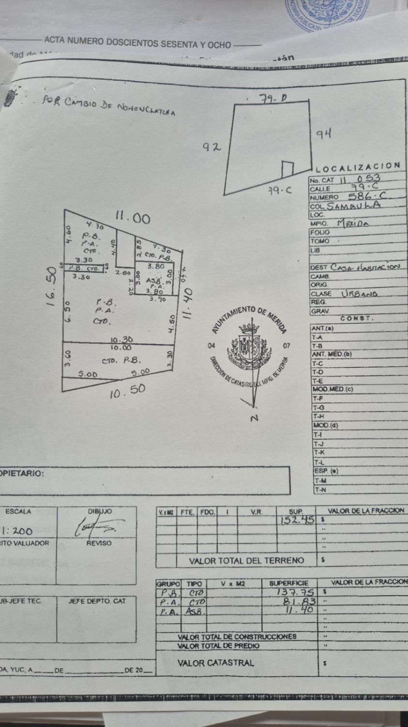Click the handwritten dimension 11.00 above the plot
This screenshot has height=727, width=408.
coord(132,219)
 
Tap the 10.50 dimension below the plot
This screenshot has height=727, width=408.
coord(127,391)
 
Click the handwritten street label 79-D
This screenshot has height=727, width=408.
coord(273,99)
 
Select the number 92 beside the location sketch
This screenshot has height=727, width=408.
coord(212,147)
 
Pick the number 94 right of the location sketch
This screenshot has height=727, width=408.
coord(323,133)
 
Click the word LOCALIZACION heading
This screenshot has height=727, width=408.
coord(358,168)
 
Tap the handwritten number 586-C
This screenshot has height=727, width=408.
coord(366,197)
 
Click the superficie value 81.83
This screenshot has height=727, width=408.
coord(301,601)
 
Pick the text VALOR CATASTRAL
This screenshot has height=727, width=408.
coord(215,663)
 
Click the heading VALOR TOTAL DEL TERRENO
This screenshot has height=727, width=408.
coord(246,561)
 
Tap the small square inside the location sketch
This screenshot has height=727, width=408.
coord(287,169)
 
